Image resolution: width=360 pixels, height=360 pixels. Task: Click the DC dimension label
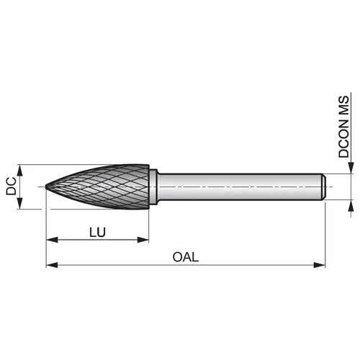tap(11, 186)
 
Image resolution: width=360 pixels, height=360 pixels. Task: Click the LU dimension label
tap(97, 232)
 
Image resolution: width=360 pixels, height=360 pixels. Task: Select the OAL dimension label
tap(186, 257)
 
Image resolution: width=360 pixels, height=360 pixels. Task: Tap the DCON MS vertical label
tap(343, 127)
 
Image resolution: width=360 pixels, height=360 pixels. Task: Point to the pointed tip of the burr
tap(46, 186)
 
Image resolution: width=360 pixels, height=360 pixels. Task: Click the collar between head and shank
tap(153, 186)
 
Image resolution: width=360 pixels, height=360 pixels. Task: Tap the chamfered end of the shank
tap(324, 186)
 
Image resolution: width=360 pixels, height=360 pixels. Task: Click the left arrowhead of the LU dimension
tap(52, 240)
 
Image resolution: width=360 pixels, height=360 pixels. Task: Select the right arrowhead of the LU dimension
tap(143, 240)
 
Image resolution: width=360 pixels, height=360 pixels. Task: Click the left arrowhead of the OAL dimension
tap(52, 265)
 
